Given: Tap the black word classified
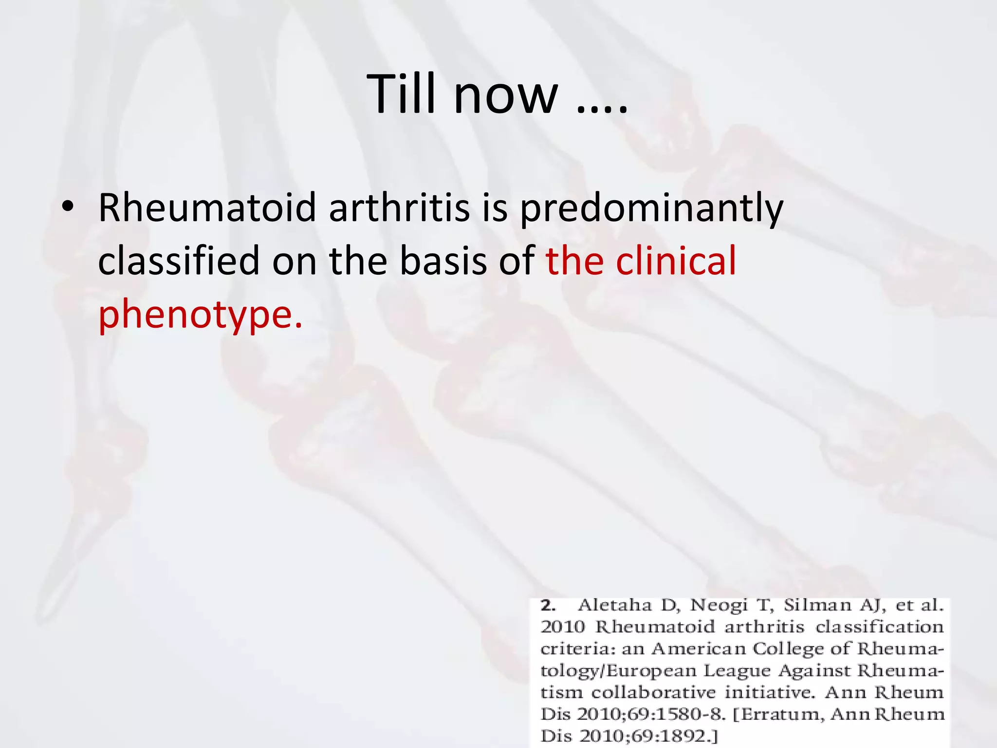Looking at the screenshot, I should tap(179, 261).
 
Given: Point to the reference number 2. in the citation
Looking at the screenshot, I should tap(549, 605).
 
